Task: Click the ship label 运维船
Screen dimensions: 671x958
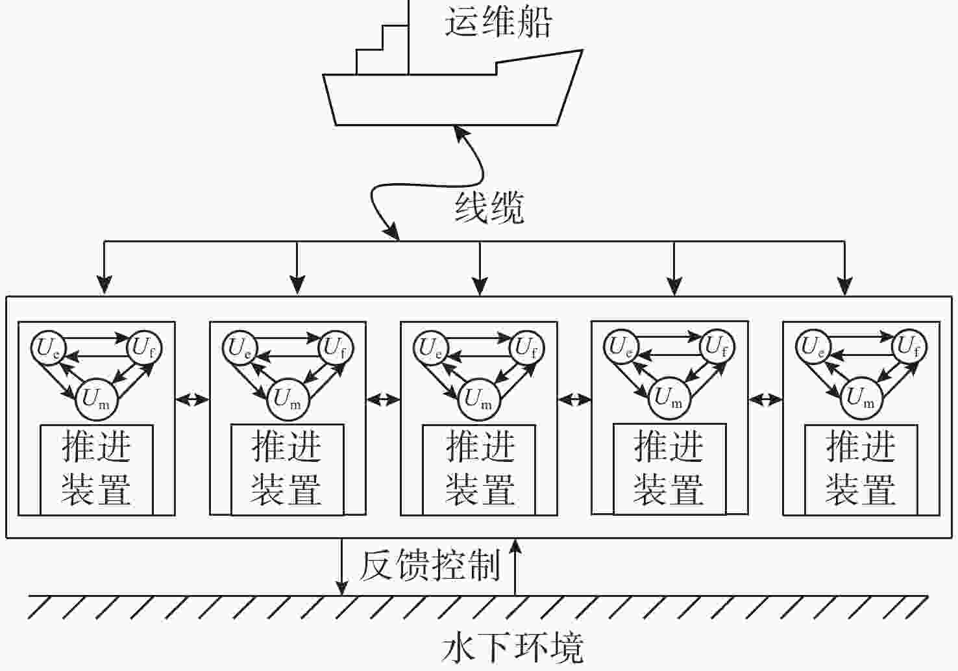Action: coord(498,22)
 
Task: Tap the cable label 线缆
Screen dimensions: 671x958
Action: coord(489,208)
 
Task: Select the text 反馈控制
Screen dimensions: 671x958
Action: coord(429,564)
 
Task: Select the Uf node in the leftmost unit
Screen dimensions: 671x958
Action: coord(143,348)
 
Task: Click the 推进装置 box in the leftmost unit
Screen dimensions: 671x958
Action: coord(97,470)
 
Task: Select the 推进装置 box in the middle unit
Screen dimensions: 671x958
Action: coord(479,470)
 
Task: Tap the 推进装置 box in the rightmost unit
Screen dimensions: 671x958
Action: coord(861,470)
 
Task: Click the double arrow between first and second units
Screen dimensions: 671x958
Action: coord(192,399)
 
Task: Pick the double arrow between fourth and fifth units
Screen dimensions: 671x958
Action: coord(766,399)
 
